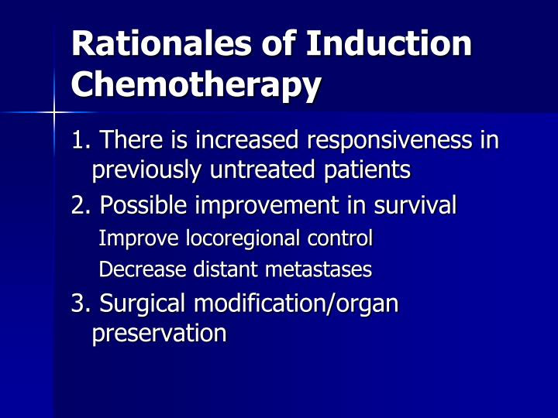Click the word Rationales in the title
point(161,43)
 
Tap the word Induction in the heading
point(388,43)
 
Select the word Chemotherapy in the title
point(196,85)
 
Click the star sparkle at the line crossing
point(53,113)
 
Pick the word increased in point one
point(246,139)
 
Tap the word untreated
point(262,170)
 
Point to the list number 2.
point(81,206)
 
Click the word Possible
point(143,205)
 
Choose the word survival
point(415,205)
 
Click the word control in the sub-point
point(340,238)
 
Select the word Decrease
point(142,269)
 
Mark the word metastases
point(319,270)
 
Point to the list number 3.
point(81,304)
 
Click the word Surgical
point(142,304)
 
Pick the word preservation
point(160,334)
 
